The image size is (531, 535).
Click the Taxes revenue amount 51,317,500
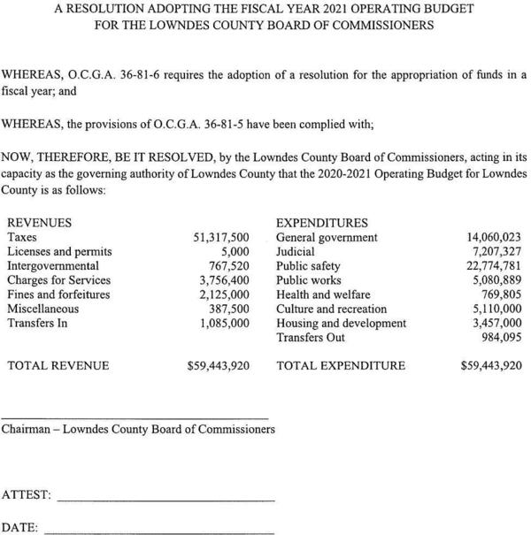click(221, 237)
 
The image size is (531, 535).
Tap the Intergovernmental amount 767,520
click(227, 265)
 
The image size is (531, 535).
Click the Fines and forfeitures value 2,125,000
click(224, 294)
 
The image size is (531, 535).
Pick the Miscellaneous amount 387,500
click(227, 309)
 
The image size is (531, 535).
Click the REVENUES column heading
click(39, 223)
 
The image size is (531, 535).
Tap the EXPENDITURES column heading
click(322, 223)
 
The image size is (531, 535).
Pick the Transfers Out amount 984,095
click(500, 338)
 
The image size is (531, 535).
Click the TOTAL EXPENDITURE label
click(341, 365)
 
